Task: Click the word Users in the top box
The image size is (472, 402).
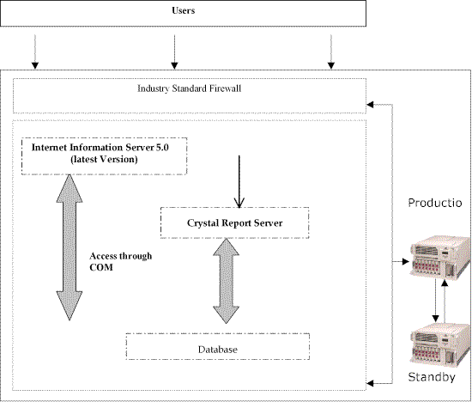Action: click(184, 10)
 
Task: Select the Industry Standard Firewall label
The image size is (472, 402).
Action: click(190, 88)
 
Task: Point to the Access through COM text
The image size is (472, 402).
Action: click(121, 262)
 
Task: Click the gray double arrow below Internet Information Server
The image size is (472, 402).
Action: click(70, 247)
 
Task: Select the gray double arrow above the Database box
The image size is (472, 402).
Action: click(226, 281)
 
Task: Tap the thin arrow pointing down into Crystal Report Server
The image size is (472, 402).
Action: click(239, 182)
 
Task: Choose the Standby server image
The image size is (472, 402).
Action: click(440, 344)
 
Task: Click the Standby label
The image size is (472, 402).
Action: click(432, 377)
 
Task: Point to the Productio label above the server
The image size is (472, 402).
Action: click(435, 203)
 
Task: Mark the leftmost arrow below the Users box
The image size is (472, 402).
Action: click(35, 52)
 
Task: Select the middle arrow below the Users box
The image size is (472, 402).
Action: click(174, 52)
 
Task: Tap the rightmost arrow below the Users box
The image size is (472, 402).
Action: click(331, 52)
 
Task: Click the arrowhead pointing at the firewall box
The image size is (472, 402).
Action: click(370, 105)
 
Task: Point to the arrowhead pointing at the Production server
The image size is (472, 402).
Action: click(406, 262)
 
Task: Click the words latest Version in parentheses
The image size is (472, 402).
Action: click(104, 159)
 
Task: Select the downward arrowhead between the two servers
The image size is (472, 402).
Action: click(435, 319)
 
